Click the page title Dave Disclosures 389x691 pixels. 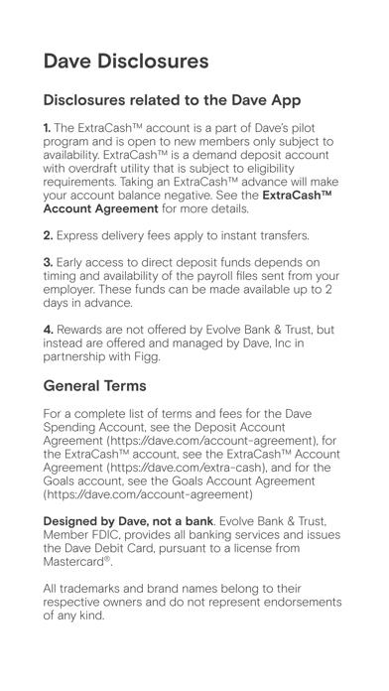(x=126, y=60)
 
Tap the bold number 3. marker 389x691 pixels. (x=49, y=262)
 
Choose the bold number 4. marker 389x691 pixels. (x=49, y=333)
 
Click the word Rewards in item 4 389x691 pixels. (x=85, y=333)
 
